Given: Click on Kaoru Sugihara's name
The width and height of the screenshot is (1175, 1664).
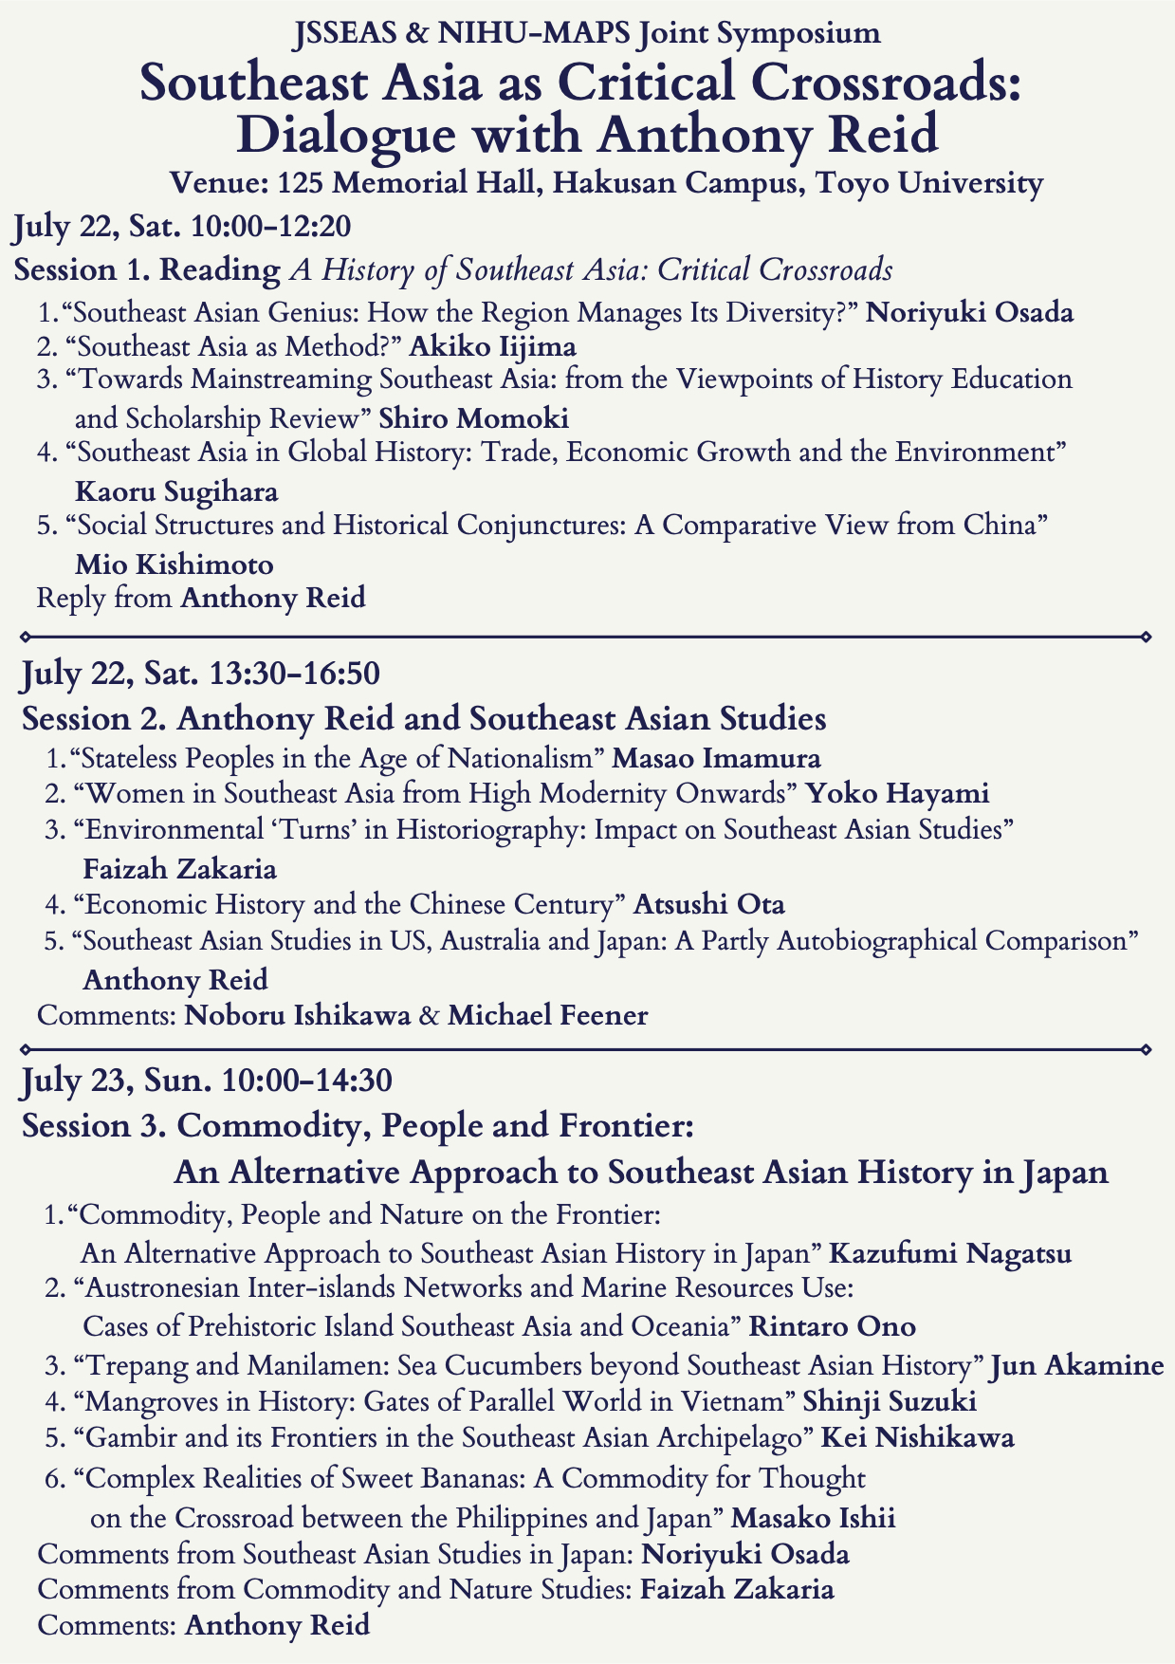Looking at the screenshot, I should (x=176, y=491).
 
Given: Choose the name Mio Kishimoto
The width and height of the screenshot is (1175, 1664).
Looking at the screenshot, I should (x=174, y=564).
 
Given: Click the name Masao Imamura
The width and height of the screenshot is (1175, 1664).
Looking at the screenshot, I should (x=717, y=758).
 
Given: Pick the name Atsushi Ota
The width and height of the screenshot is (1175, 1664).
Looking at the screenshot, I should (x=708, y=904).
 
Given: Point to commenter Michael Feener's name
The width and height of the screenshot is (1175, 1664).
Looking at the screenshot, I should (x=548, y=1016).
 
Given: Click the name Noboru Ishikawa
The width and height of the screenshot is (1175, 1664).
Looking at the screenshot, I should (x=298, y=1016).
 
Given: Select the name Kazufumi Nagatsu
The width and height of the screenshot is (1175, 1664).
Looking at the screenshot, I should (x=950, y=1254).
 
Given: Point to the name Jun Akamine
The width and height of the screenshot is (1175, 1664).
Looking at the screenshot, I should (x=1077, y=1366).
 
